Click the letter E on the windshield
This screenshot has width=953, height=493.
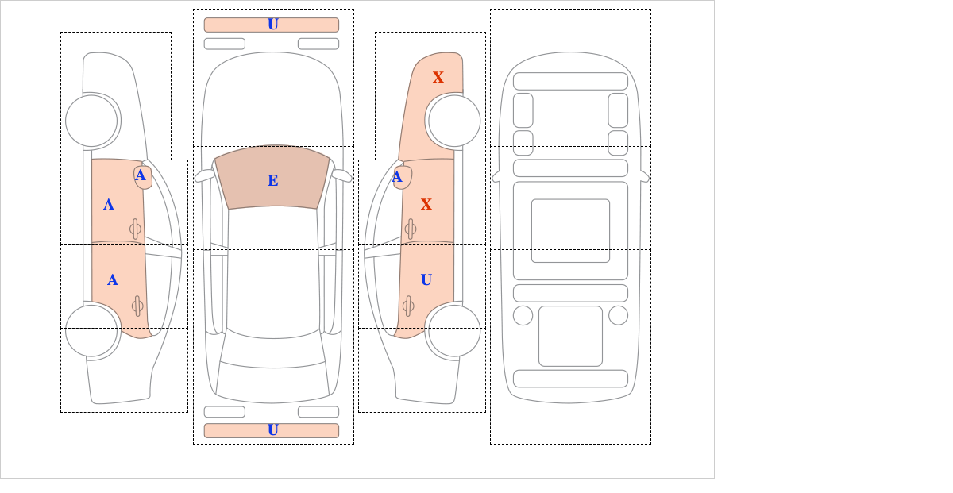coord(273,181)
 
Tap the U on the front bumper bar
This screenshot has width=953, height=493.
coord(273,25)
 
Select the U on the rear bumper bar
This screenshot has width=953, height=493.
coord(273,430)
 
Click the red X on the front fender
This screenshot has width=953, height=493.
coord(438,77)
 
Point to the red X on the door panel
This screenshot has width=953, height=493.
coord(426,204)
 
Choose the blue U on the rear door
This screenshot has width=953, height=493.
coord(426,279)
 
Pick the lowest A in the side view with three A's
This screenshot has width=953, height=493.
coord(112,280)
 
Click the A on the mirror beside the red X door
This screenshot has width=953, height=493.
coord(397,176)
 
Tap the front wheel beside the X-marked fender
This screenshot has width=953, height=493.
coord(454,121)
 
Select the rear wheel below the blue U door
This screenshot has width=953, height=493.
coord(454,330)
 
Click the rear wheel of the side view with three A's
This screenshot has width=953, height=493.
coord(91,330)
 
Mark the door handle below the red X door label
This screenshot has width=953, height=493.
coord(410,229)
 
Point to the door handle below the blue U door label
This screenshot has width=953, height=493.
coord(408,306)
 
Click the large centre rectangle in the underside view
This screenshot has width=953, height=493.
coord(570,230)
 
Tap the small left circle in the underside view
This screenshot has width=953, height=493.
coord(523,315)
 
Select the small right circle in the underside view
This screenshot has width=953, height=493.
coord(618,315)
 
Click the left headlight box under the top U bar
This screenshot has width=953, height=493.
coord(225,44)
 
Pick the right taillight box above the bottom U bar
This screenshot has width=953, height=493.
coord(318,412)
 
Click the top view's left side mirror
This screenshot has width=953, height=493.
coord(205,175)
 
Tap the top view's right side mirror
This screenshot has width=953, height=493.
coord(341,175)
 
